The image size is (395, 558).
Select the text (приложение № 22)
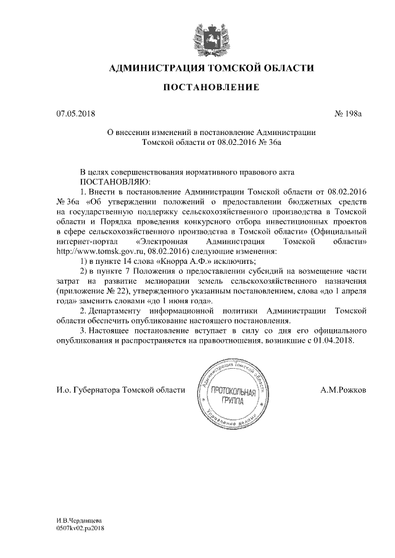[91, 292]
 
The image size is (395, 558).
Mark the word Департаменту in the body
[125, 311]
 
